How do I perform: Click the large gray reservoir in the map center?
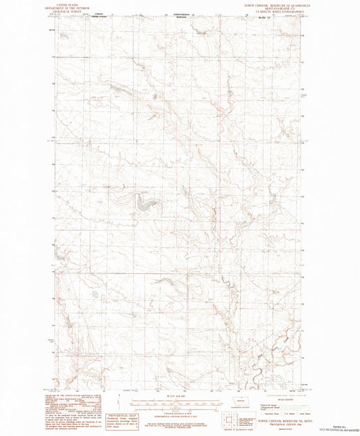pos(145,200)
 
